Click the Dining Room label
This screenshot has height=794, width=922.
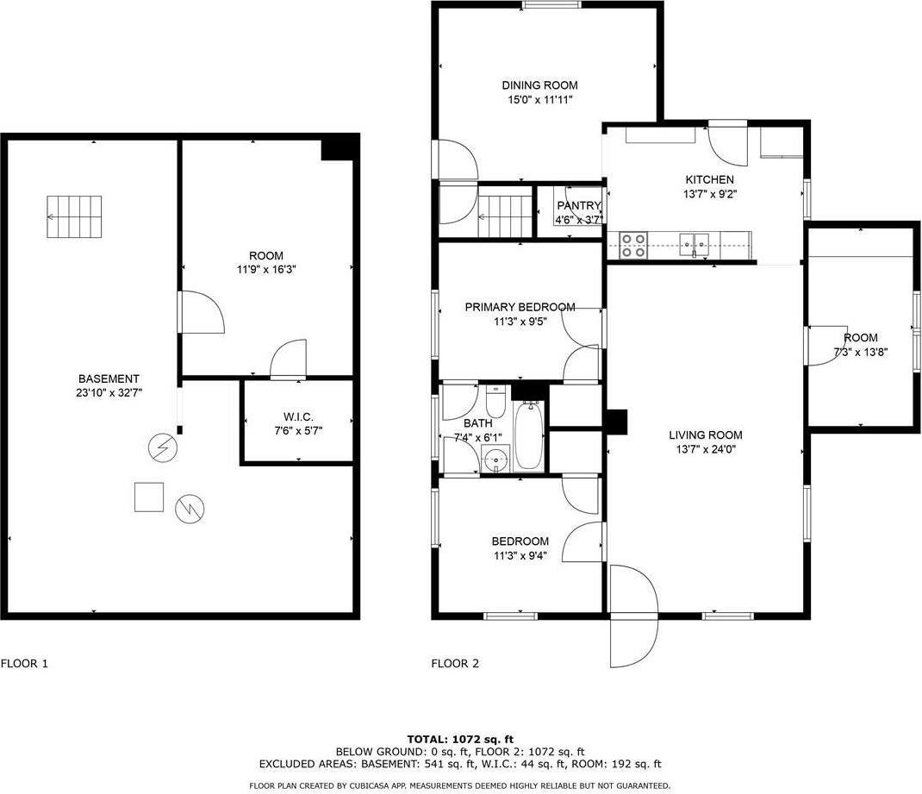[539, 85]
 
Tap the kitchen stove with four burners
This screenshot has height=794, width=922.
[634, 246]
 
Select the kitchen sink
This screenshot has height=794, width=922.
[694, 245]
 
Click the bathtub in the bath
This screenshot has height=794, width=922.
[529, 437]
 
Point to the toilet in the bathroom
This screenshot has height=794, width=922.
[495, 402]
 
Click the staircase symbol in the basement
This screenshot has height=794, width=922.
[73, 216]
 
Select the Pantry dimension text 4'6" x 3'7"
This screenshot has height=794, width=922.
[578, 221]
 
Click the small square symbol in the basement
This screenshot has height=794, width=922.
[148, 497]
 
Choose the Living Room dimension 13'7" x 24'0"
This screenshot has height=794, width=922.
[705, 449]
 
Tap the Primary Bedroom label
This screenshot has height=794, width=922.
[520, 307]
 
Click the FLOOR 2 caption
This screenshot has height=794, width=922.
[455, 663]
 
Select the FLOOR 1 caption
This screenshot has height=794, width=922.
[24, 663]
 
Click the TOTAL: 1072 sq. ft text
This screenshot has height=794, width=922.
[460, 739]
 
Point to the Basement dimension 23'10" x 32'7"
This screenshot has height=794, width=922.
[109, 393]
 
